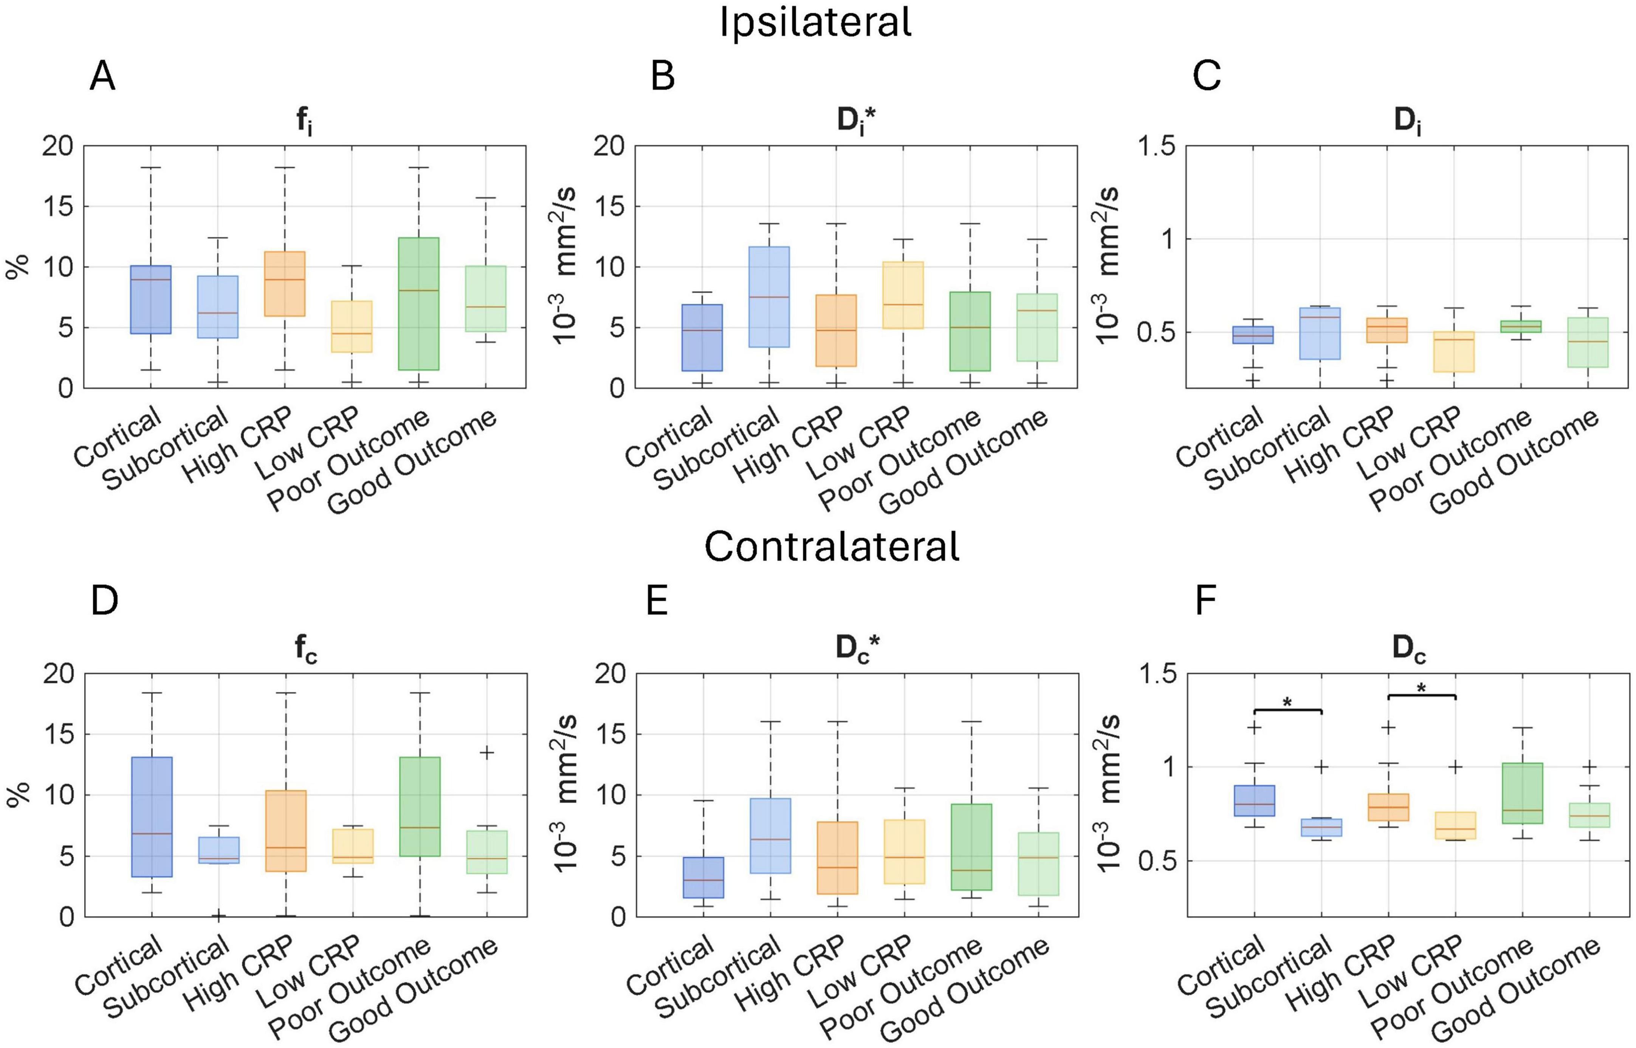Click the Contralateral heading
(832, 546)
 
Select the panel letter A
(102, 77)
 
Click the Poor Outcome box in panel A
(418, 303)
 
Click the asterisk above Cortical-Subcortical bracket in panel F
(1287, 702)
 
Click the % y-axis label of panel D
(19, 795)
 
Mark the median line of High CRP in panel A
(285, 280)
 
